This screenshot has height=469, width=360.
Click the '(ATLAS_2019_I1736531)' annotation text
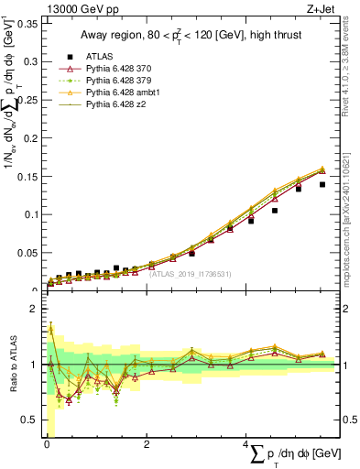click(190, 273)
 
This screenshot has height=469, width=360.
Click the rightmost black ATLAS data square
click(322, 184)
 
